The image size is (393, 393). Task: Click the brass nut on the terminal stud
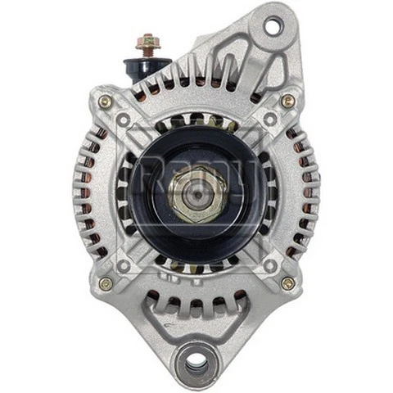click(x=147, y=42)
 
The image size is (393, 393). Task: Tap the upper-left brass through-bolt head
click(x=105, y=102)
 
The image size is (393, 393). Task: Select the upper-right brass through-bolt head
click(x=287, y=102)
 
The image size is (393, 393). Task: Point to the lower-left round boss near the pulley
click(x=124, y=266)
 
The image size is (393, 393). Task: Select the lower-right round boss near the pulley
click(x=269, y=266)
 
